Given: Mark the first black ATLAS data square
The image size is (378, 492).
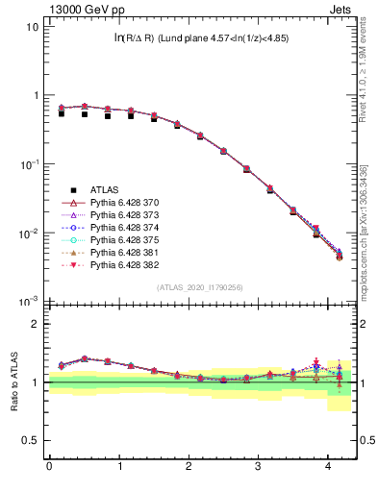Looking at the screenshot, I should click(61, 113).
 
